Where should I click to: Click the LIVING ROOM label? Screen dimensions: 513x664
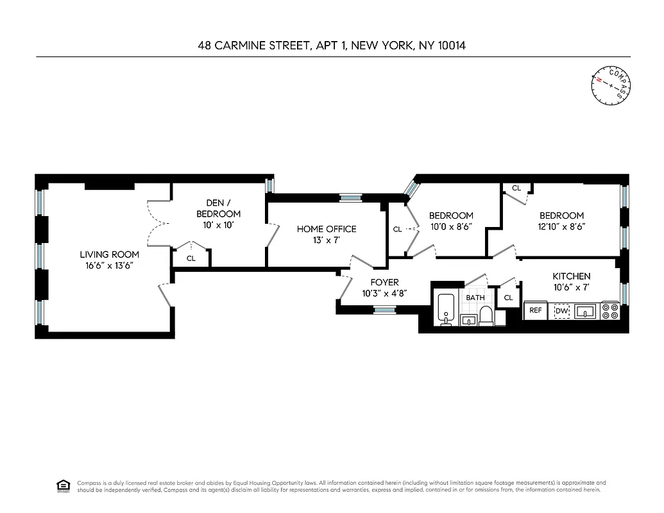pos(106,254)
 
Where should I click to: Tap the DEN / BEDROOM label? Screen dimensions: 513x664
pos(218,208)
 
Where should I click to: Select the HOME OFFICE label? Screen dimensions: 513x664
pos(326,229)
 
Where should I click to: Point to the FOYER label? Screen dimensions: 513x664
pos(384,282)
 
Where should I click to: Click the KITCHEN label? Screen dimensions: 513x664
pos(572,276)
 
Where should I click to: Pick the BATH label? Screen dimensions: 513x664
pos(475,298)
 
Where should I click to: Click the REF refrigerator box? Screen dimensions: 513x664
pos(535,311)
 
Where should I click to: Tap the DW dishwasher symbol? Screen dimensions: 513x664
pos(562,311)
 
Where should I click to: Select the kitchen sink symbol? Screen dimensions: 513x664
pos(585,311)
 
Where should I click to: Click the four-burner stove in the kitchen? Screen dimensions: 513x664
pos(610,311)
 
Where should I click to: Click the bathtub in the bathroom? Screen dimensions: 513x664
pos(446,309)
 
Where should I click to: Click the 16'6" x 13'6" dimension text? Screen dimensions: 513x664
pos(106,265)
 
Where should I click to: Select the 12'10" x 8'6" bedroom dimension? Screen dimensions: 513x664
pos(561,226)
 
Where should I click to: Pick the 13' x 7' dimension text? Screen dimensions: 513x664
pos(326,240)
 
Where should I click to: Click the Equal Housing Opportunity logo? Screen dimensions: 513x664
pos(64,485)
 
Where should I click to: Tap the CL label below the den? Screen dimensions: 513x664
pos(191,258)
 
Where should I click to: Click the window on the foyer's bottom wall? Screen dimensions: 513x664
pos(385,310)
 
